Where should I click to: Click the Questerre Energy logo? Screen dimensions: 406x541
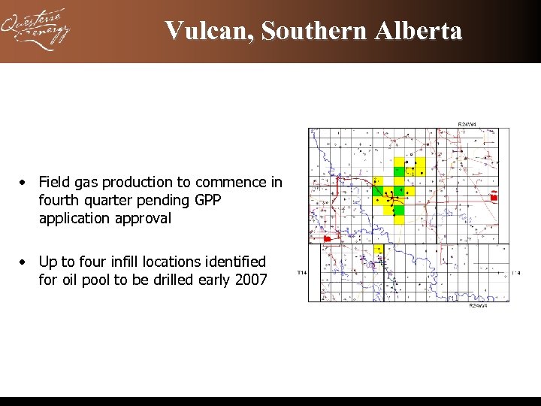36,30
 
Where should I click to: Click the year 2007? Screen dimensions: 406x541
251,280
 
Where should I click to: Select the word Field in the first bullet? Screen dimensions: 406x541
53,183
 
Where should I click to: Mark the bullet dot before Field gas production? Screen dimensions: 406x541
25,183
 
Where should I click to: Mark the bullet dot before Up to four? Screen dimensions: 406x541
25,262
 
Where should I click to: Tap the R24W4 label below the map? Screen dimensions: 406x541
478,305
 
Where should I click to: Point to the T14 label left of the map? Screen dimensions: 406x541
301,271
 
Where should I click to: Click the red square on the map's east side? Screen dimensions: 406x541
494,197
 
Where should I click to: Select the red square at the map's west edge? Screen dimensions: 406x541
327,238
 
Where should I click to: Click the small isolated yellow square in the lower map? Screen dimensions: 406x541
379,249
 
